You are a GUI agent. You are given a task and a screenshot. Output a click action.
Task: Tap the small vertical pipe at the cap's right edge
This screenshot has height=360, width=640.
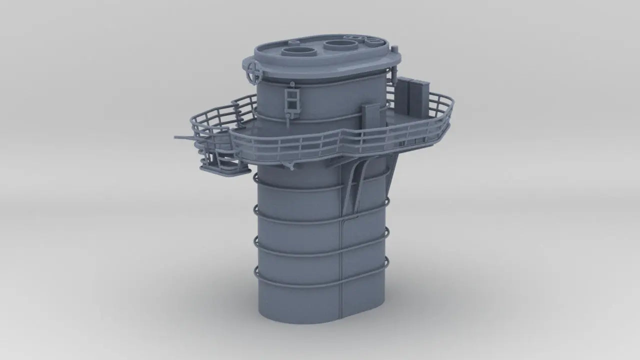point(393,82)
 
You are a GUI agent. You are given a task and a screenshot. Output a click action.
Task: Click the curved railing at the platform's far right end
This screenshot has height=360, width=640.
point(447,115)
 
